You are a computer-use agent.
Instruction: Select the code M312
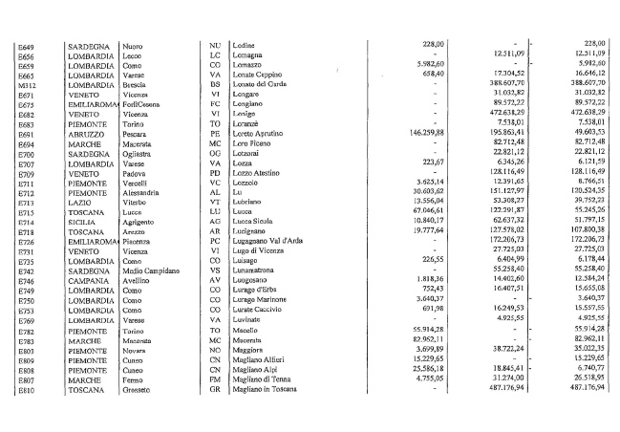pyautogui.click(x=28, y=85)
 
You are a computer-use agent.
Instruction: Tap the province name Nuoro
pyautogui.click(x=133, y=45)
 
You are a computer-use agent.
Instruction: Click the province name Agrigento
pyautogui.click(x=139, y=223)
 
